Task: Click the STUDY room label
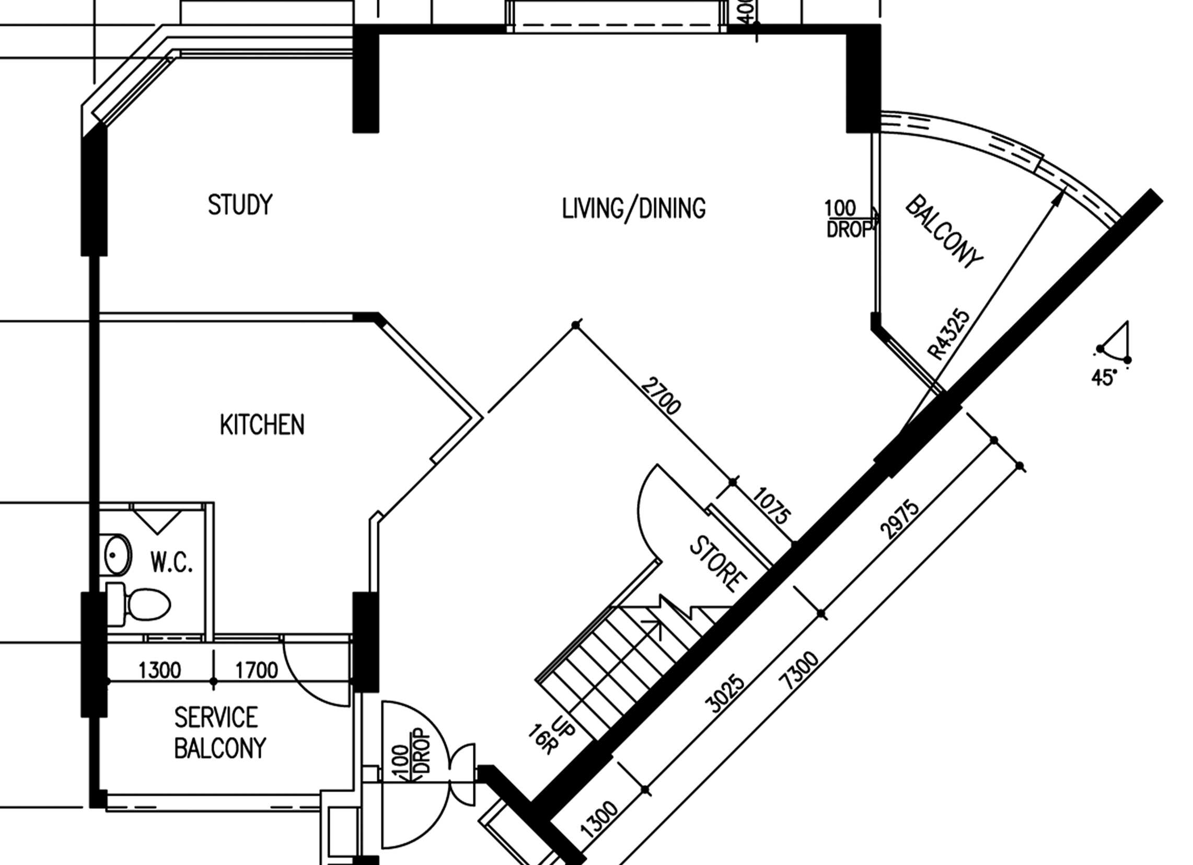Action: tap(240, 205)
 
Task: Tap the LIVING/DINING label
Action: tap(634, 208)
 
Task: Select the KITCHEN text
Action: tap(262, 425)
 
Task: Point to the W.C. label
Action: tap(171, 562)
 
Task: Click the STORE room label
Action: tap(718, 564)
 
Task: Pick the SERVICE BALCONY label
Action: tap(220, 733)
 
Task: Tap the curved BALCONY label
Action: tap(943, 232)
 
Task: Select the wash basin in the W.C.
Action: tap(117, 555)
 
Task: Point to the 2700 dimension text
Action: tap(661, 395)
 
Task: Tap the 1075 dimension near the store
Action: tap(771, 506)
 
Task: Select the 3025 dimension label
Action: tap(726, 694)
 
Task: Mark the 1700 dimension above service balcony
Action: tap(256, 671)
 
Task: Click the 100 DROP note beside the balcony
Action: tap(848, 219)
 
